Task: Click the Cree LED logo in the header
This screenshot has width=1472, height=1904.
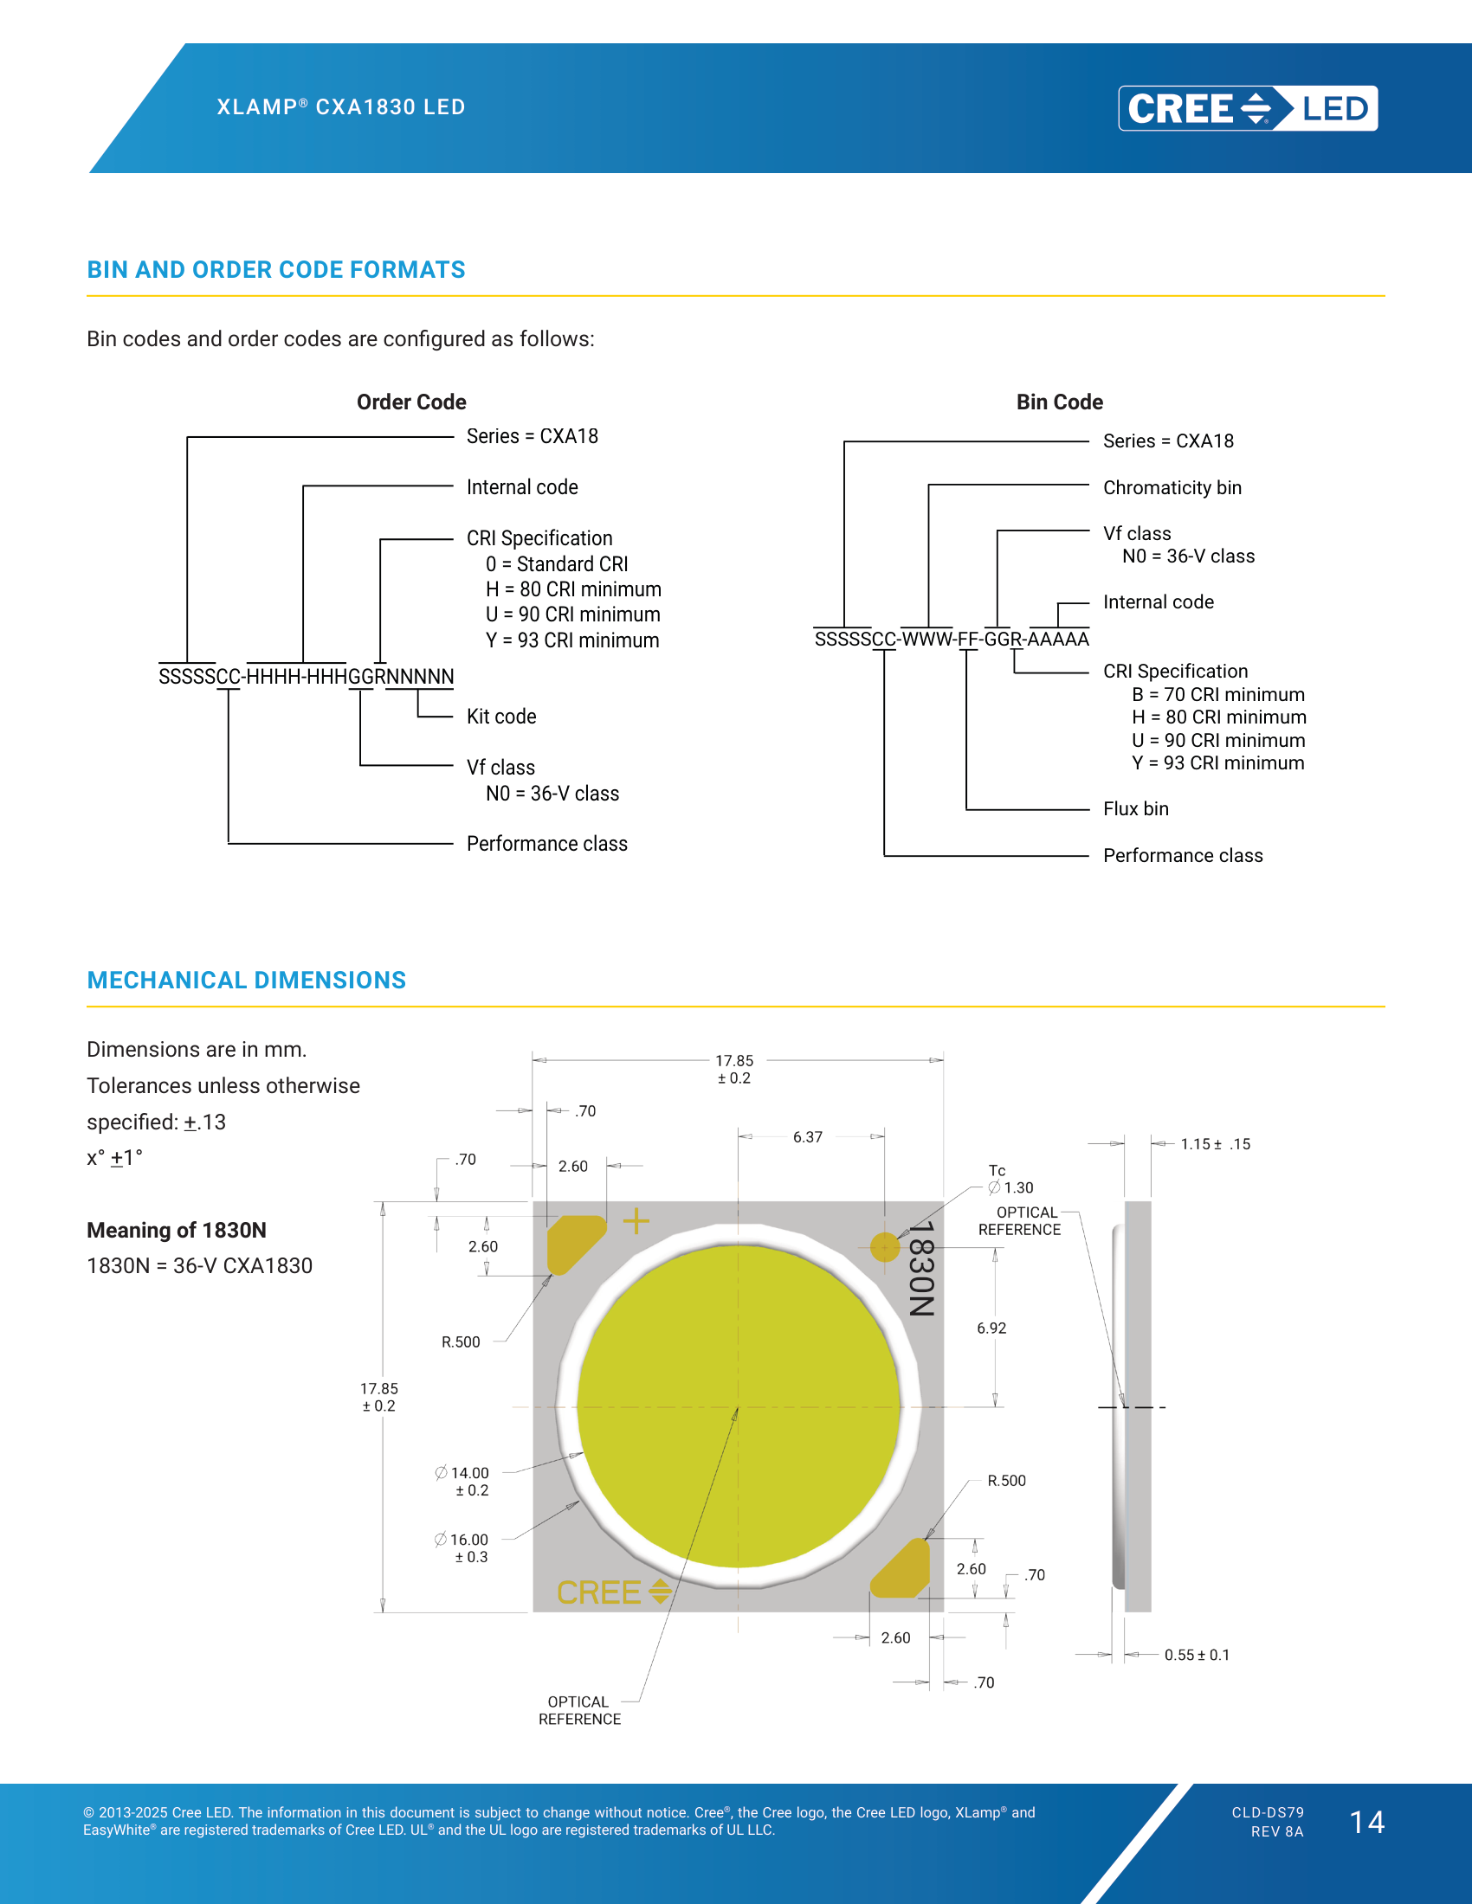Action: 1248,108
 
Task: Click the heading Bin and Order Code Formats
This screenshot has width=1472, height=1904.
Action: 275,270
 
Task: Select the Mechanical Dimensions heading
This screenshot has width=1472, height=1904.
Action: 246,981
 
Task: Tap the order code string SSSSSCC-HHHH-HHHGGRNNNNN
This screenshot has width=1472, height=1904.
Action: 306,677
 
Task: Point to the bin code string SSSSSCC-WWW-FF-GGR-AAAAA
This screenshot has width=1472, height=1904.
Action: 952,639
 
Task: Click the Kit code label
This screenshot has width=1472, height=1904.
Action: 501,717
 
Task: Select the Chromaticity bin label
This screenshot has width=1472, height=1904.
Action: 1172,487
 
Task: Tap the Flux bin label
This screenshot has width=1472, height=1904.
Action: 1135,809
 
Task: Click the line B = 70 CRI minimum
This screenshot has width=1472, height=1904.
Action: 1218,695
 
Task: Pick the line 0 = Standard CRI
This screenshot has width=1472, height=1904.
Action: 557,564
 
